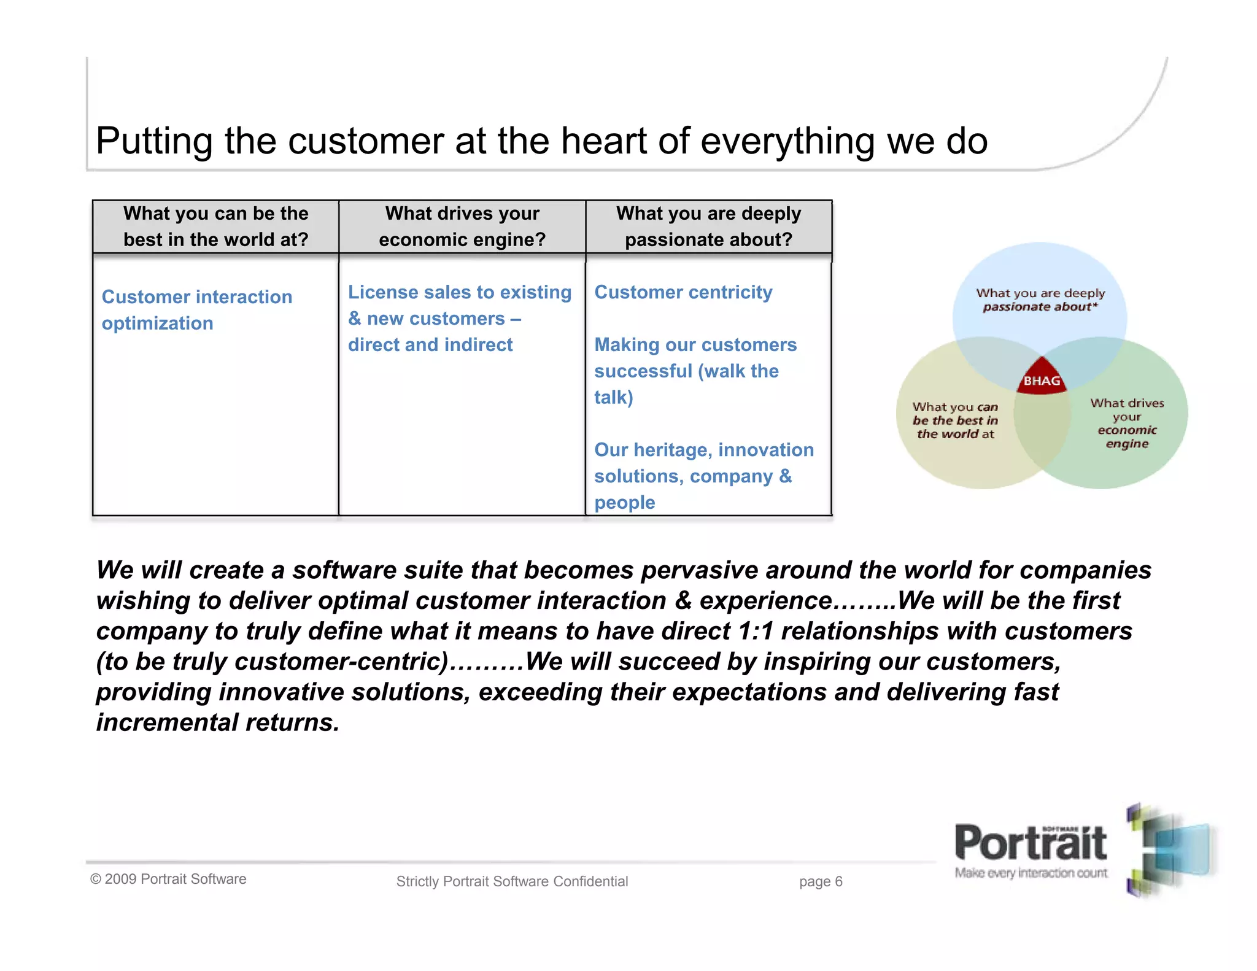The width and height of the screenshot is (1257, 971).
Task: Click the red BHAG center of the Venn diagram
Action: [1042, 378]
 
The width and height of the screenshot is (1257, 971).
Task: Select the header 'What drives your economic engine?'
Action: [462, 226]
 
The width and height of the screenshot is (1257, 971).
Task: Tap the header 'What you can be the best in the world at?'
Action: [215, 226]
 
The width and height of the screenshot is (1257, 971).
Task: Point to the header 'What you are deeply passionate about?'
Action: [708, 226]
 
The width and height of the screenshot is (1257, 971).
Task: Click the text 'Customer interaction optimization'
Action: [196, 310]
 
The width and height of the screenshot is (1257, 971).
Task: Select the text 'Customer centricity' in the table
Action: [683, 292]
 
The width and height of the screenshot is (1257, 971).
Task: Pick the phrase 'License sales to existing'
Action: [459, 292]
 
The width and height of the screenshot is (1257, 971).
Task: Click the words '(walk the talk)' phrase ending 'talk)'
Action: [613, 398]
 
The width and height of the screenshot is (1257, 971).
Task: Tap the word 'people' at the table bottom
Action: [624, 503]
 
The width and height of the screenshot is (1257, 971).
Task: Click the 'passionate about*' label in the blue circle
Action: [1040, 307]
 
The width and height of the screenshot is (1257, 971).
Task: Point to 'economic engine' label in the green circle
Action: [1127, 436]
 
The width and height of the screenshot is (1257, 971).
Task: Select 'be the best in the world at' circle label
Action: [955, 427]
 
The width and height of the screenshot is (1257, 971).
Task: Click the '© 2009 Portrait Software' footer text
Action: [168, 879]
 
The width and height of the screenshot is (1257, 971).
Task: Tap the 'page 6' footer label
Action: [821, 882]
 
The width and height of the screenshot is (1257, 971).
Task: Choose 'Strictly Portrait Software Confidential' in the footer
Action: [512, 882]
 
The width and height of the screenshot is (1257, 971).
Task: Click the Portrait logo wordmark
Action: [1031, 845]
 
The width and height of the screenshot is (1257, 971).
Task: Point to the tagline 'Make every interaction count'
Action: [1031, 873]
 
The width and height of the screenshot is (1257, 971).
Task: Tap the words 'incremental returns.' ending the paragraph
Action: [218, 723]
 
